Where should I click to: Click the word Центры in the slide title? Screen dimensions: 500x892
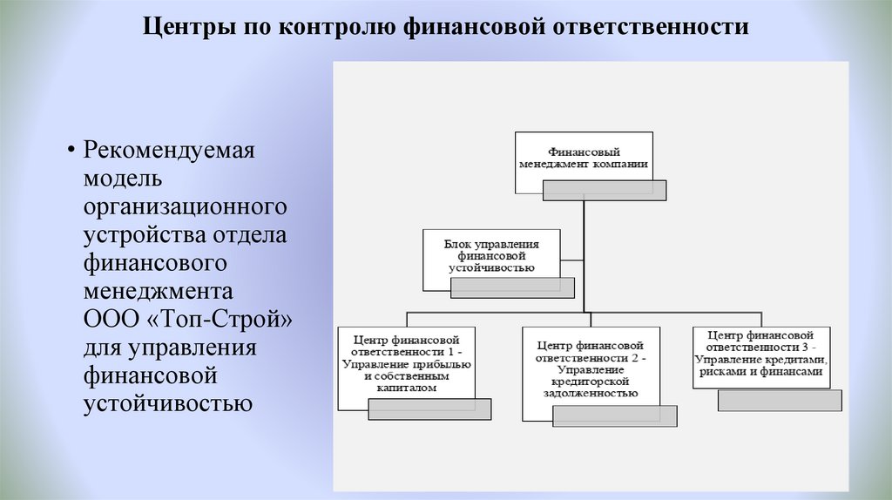pos(179,27)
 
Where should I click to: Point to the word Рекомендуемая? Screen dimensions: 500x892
pos(169,149)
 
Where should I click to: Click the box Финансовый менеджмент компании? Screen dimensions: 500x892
pos(584,157)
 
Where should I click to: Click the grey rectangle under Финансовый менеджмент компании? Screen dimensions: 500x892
pos(605,190)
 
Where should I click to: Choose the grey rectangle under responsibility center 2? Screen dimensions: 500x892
pos(615,416)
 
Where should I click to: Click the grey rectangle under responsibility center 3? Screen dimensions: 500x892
pos(780,400)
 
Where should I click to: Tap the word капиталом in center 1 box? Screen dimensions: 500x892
pos(406,389)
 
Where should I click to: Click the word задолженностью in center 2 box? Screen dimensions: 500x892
pos(590,394)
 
